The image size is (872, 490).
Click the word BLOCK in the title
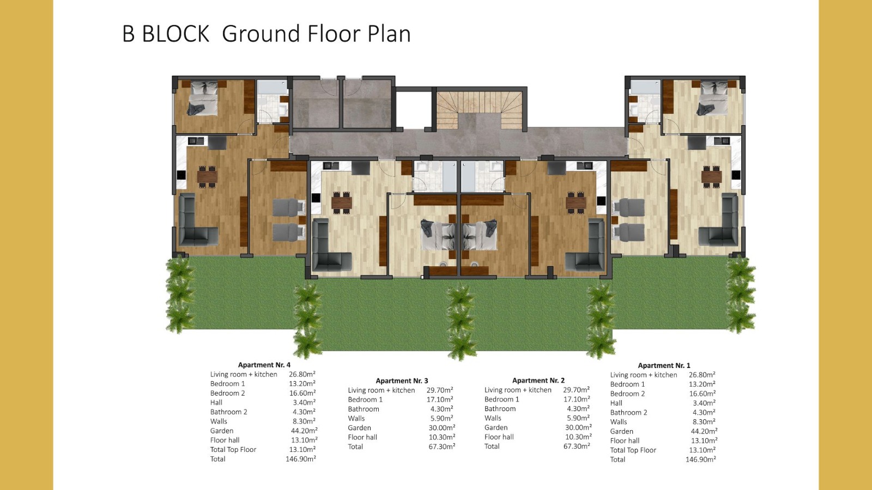pos(175,33)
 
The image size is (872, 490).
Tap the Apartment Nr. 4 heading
pos(264,365)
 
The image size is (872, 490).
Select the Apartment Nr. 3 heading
pos(402,381)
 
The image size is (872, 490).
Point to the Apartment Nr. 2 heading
pos(538,381)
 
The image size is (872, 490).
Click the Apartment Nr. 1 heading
pos(664,365)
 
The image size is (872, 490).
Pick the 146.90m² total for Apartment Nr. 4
pos(301,459)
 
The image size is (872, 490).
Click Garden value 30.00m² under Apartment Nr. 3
pos(442,428)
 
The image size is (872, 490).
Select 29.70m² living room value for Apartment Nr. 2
pos(576,390)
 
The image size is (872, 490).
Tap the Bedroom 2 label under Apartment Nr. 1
pos(627,394)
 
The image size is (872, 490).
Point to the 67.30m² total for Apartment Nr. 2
pos(577,446)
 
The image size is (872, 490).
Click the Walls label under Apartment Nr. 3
pos(356,419)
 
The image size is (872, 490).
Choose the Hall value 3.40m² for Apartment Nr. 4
pos(305,402)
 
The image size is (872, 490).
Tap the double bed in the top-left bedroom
pos(203,99)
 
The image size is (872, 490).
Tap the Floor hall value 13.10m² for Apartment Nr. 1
pos(704,440)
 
